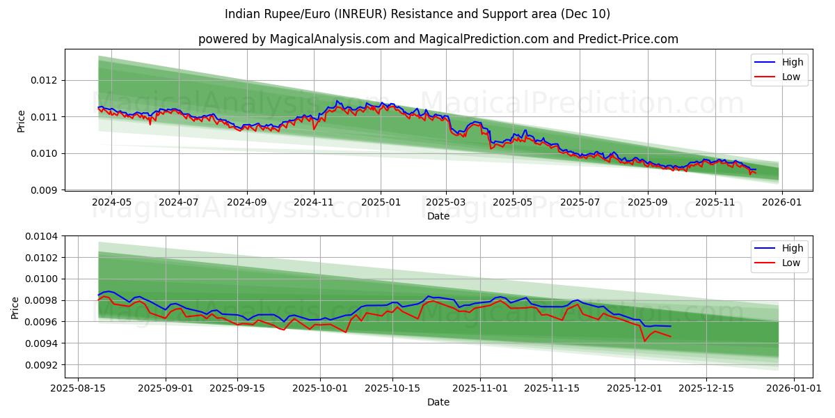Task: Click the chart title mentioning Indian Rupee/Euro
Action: pos(417,14)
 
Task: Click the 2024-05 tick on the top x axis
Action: pos(111,202)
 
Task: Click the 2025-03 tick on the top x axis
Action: pos(446,202)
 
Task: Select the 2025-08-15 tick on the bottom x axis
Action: pos(78,389)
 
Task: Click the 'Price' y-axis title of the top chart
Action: pos(21,120)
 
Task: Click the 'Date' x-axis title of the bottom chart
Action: pos(438,402)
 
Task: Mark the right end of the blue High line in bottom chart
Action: pos(671,326)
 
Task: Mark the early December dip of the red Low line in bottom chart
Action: pos(644,341)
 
